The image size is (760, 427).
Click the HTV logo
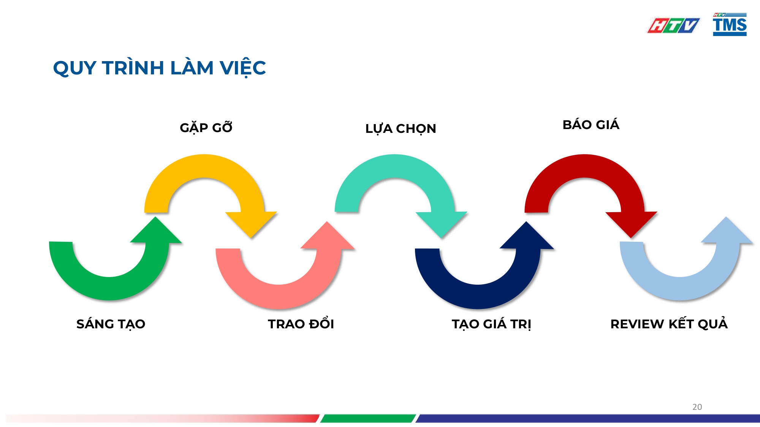click(673, 25)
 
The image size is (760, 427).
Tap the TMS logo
click(730, 25)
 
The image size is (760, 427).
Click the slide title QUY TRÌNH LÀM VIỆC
click(159, 68)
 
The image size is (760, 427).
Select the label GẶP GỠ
click(206, 128)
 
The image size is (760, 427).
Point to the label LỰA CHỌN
click(401, 129)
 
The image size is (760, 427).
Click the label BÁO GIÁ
click(591, 125)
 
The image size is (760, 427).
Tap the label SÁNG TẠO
click(111, 324)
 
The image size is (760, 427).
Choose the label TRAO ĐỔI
click(301, 324)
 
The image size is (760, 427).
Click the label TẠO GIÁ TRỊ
click(491, 324)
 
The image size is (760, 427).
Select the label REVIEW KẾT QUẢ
click(669, 324)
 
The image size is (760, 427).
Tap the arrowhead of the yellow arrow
click(251, 224)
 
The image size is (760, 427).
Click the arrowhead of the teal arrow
click(441, 224)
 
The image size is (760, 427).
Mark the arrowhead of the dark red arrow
click(631, 224)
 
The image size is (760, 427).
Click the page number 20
click(697, 407)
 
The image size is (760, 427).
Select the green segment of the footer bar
click(368, 418)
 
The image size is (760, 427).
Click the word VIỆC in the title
click(243, 68)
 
